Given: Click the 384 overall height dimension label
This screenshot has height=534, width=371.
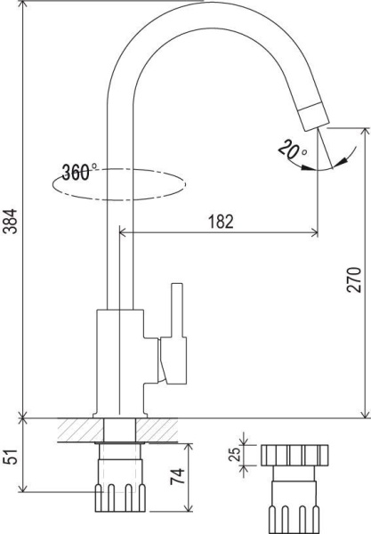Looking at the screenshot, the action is pyautogui.click(x=10, y=221).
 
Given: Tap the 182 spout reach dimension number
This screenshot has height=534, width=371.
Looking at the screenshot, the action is pyautogui.click(x=221, y=222).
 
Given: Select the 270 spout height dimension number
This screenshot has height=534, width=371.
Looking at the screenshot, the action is pyautogui.click(x=353, y=280).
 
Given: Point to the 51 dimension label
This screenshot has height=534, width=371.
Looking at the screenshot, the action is pyautogui.click(x=10, y=457).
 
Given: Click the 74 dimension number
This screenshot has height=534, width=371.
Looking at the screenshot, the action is pyautogui.click(x=177, y=476).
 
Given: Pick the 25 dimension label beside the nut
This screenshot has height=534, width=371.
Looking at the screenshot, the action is pyautogui.click(x=234, y=454).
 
